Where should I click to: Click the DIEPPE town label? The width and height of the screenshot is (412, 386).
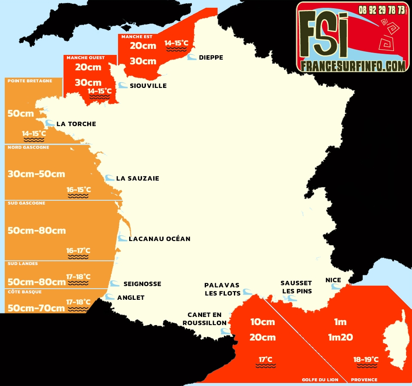click(211, 57)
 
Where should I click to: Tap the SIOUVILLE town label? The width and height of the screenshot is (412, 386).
click(148, 86)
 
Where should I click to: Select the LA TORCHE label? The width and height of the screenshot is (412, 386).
click(76, 124)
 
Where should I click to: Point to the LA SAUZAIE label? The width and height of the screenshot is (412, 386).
click(137, 178)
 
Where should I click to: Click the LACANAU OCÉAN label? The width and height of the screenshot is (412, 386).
click(159, 239)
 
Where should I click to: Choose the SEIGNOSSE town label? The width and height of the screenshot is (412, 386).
click(142, 284)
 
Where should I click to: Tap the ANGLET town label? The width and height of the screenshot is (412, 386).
click(131, 298)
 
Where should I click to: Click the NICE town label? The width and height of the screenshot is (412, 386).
click(333, 280)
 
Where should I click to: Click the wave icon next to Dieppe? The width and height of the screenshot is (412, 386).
click(192, 57)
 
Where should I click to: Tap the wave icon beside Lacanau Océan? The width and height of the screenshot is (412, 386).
click(123, 238)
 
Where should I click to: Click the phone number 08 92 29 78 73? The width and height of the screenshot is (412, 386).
click(382, 9)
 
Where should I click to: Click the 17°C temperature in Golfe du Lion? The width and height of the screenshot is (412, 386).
click(265, 359)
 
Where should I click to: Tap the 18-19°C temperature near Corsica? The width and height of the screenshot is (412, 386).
click(366, 359)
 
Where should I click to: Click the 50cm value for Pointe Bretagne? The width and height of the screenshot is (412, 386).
click(21, 114)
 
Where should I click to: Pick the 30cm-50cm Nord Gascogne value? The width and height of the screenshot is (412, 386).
click(36, 174)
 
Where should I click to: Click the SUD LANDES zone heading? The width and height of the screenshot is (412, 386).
click(23, 264)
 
